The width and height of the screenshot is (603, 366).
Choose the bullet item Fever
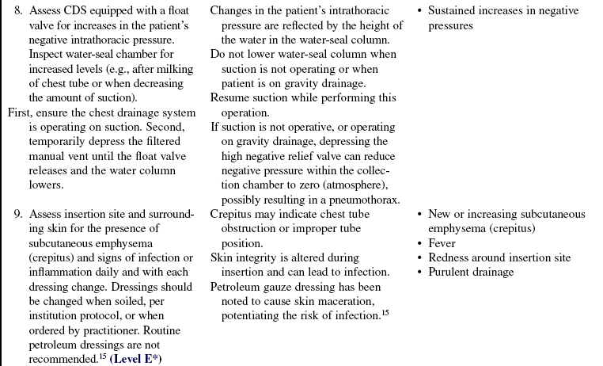[x=442, y=243]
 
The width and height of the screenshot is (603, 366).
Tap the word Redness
[x=449, y=257]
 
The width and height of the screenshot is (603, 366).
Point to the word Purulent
[x=450, y=272]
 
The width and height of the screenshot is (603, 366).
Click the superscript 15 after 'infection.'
[x=386, y=312]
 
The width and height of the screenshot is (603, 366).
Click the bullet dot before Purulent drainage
[x=419, y=273]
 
